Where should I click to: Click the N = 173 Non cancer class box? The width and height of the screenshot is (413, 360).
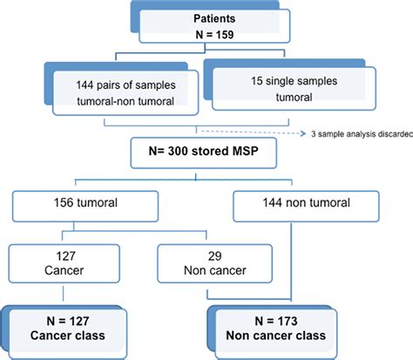tap(274, 324)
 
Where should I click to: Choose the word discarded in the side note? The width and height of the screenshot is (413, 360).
tap(389, 134)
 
